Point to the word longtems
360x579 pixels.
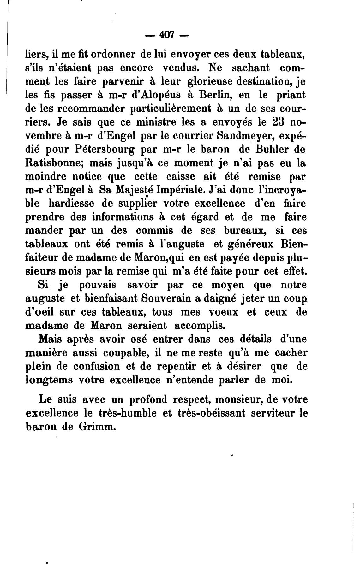click(49, 380)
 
